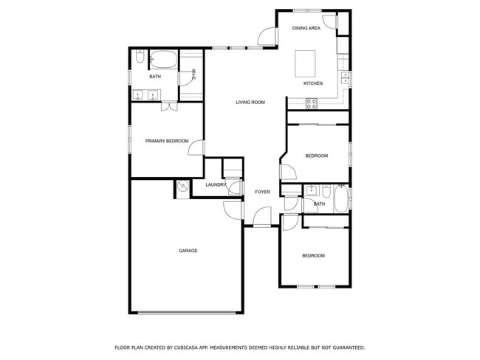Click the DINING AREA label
click(306, 28)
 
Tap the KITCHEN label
click(313, 83)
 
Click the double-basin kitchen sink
click(344, 77)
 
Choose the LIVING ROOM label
click(250, 102)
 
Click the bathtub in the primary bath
click(162, 60)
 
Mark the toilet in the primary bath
click(139, 58)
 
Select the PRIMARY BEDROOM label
click(166, 141)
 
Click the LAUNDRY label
click(216, 184)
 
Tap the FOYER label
click(262, 192)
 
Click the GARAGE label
click(188, 251)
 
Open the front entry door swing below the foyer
click(261, 217)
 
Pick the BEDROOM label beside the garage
click(313, 255)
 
